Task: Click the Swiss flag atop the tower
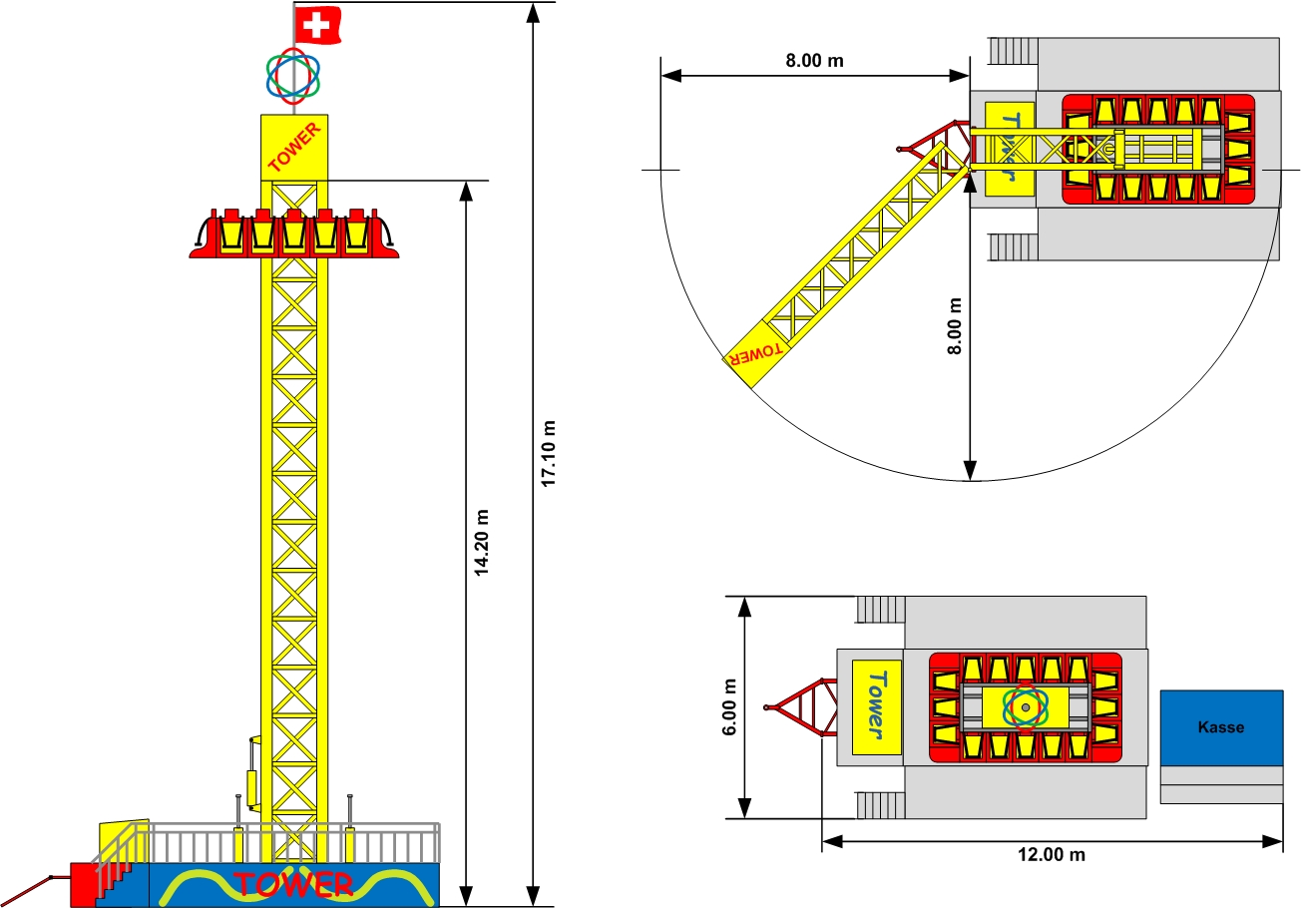coord(317,25)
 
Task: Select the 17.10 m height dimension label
coord(548,454)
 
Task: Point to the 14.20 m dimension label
coord(482,543)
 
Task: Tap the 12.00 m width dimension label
coord(1052,854)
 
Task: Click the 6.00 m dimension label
coord(729,707)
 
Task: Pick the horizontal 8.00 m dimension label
coord(814,61)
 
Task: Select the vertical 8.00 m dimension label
coord(954,326)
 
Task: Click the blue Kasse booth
coord(1221,727)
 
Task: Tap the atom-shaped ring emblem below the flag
coord(293,76)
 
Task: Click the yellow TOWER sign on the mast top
coord(294,147)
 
